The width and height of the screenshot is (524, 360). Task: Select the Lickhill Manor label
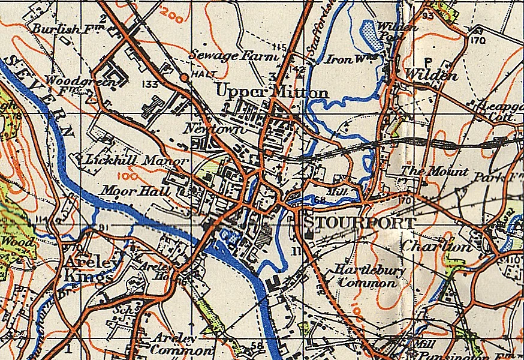[x=137, y=161]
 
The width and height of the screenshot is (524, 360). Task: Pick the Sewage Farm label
[x=234, y=56]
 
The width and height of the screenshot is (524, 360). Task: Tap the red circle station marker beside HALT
[x=186, y=77]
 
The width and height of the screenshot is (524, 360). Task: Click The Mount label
[x=434, y=172]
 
